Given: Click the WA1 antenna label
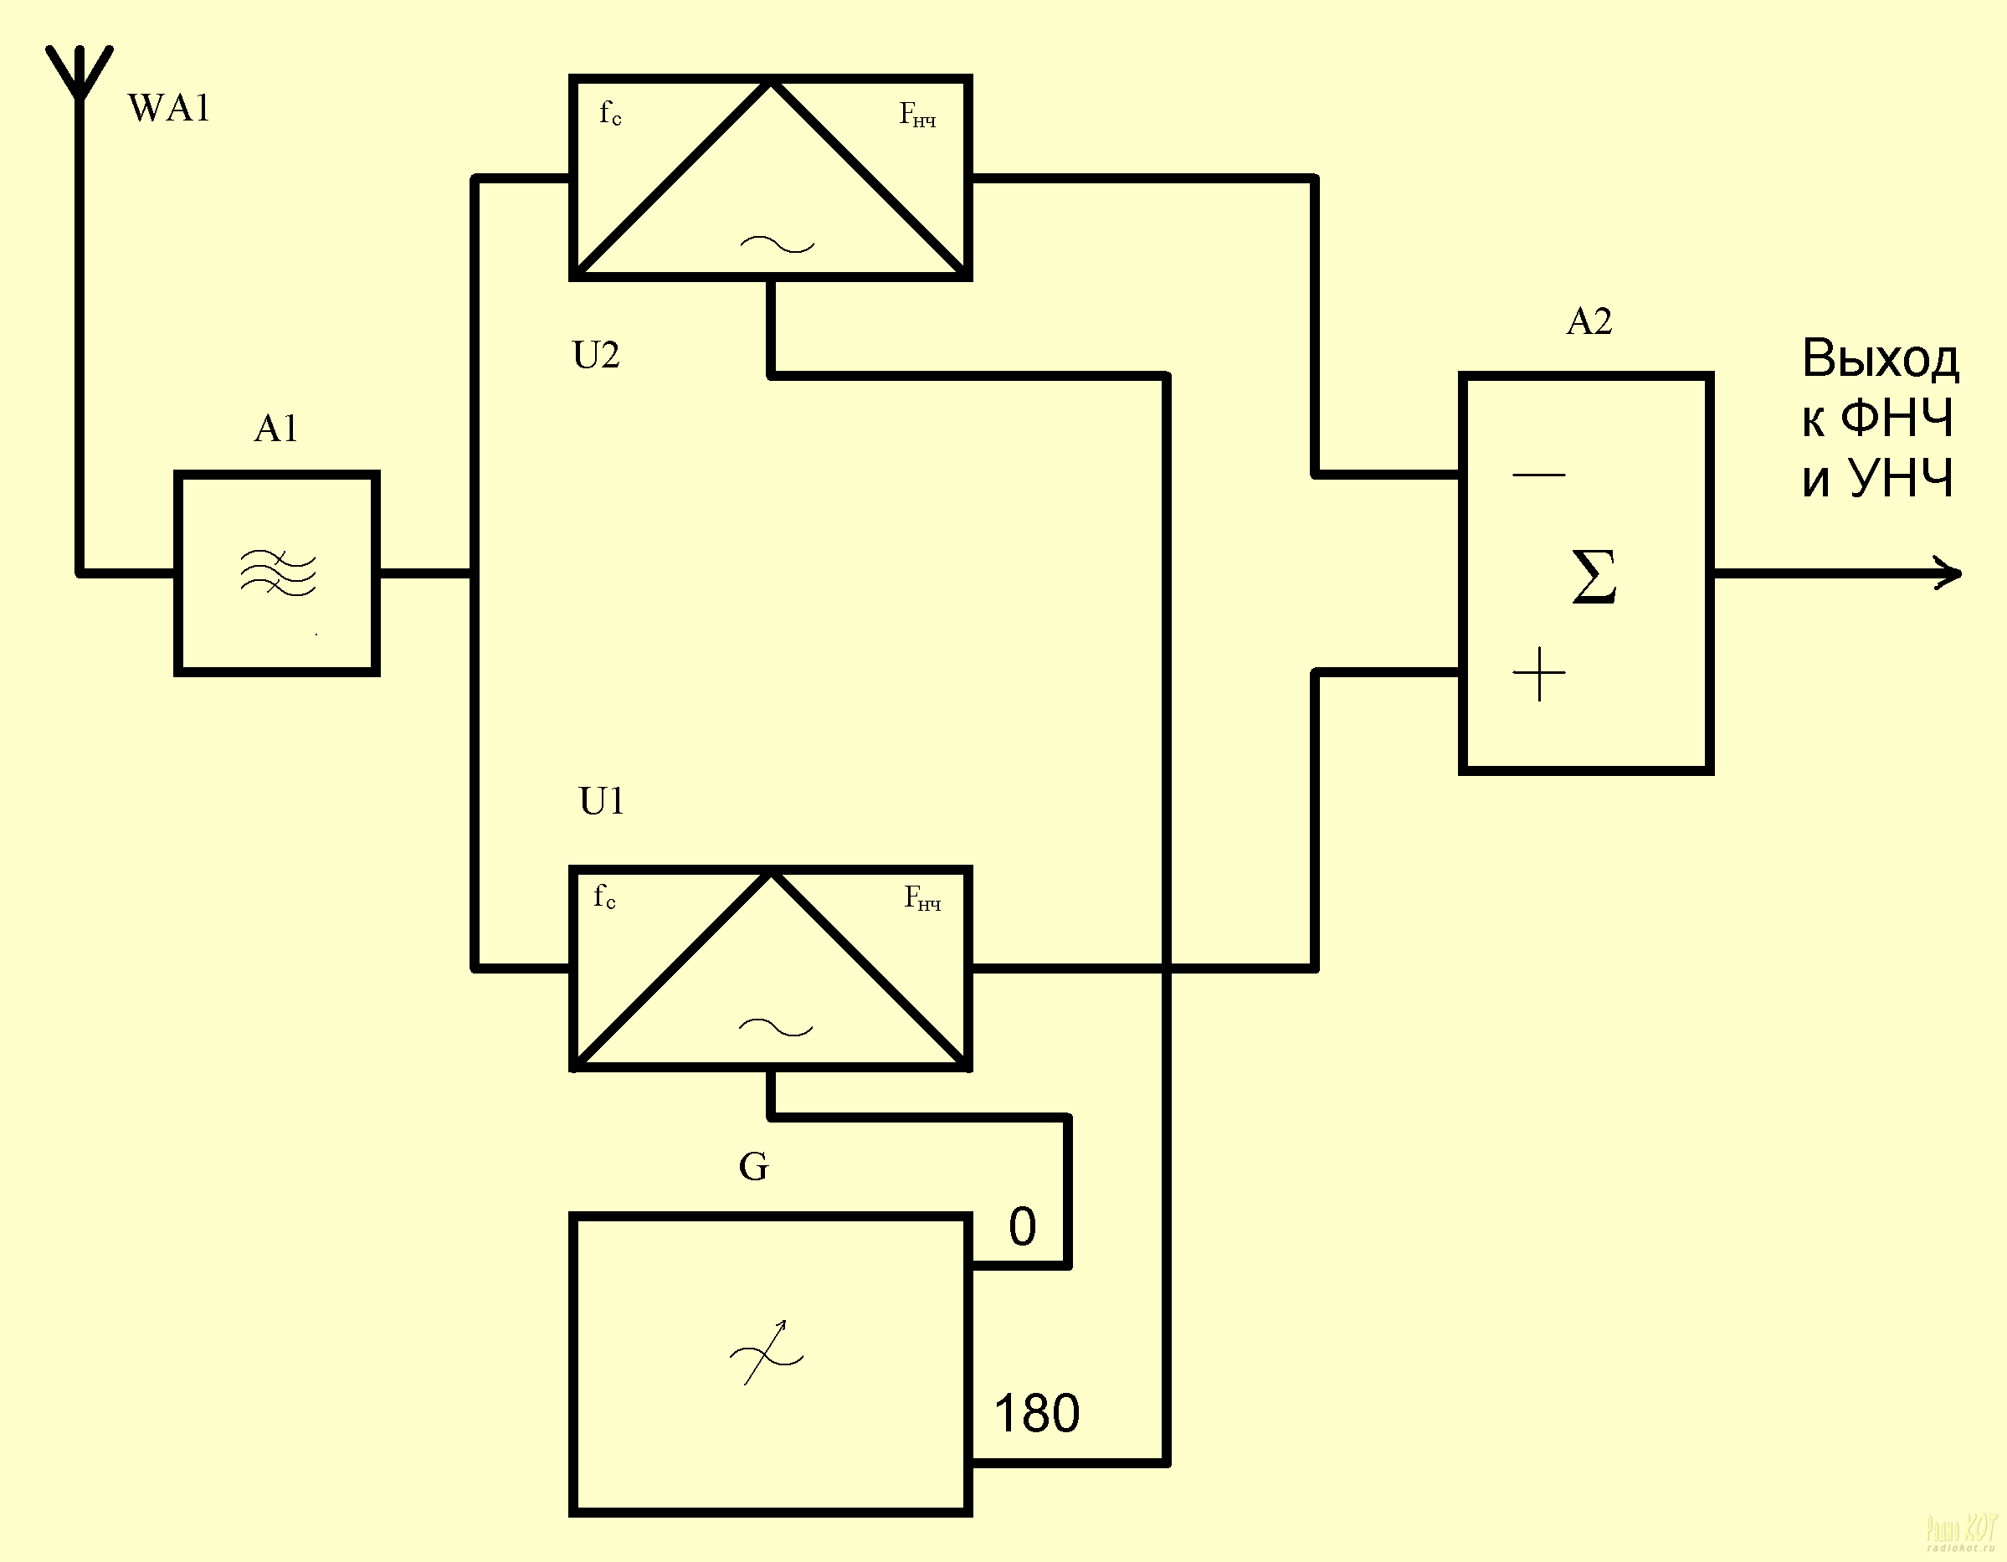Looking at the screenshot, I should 169,109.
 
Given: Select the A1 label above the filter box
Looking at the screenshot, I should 275,429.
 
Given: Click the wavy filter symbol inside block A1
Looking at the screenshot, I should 278,573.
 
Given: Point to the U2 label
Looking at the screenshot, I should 595,355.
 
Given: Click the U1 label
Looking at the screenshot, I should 602,802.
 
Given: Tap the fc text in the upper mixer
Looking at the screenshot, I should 610,114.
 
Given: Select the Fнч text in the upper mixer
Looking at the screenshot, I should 917,115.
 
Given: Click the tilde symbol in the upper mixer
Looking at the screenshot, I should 777,244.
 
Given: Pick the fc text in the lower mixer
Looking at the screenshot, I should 604,896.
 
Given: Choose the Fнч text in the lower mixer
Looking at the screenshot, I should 922,897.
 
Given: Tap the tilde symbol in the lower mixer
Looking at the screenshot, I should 776,1028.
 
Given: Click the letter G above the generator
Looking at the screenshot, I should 753,1167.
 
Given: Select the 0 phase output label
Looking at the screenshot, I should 1022,1226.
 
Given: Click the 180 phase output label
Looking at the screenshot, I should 1037,1413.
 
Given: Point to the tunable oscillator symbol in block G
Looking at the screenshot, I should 767,1354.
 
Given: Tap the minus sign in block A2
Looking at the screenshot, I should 1538,475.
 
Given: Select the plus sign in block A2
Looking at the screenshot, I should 1538,674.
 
